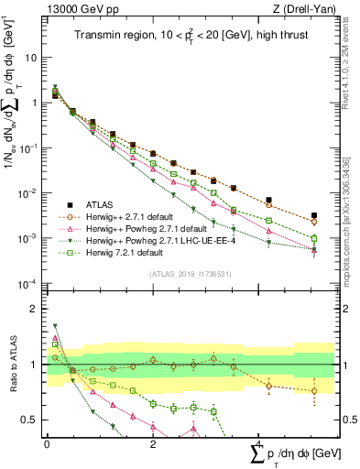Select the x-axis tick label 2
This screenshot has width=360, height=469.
pos(152,444)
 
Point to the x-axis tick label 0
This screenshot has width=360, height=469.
pos(47,444)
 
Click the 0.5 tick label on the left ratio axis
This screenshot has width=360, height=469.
pos(27,420)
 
